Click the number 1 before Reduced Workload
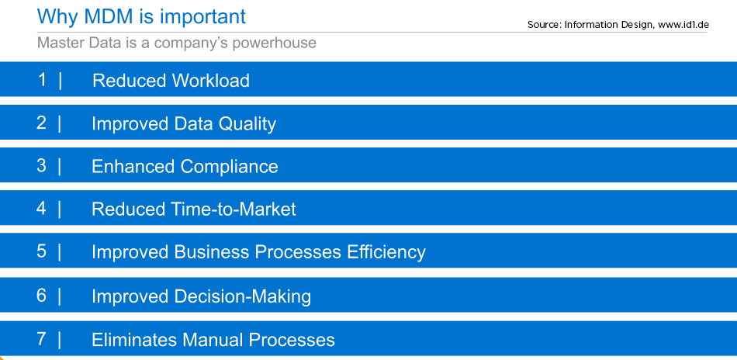(x=43, y=80)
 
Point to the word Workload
(x=210, y=81)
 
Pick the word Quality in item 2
(x=247, y=124)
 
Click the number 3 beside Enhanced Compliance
(x=42, y=165)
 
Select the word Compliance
(x=229, y=167)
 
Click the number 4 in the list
(x=42, y=208)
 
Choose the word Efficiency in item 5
(x=386, y=252)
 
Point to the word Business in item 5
(x=212, y=252)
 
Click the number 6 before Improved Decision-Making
(x=42, y=296)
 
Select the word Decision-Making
(x=243, y=296)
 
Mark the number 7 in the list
(x=42, y=339)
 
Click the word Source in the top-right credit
(x=545, y=24)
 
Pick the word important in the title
(x=202, y=17)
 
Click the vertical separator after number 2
(x=60, y=123)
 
